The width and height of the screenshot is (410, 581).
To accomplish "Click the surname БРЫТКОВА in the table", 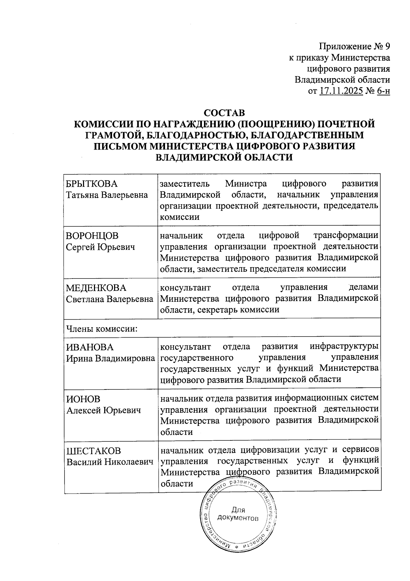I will pos(92,184).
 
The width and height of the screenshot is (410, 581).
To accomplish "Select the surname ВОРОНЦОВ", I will pos(92,236).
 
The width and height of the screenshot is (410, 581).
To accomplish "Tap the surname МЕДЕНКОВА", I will pos(96,288).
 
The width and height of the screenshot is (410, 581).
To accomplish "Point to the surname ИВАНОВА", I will pos(90,347).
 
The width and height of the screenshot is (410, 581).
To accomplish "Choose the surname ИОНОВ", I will pos(83,399).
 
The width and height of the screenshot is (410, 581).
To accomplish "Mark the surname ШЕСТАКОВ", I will pos(93,451).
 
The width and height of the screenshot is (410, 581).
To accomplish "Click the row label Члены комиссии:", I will pos(102,329).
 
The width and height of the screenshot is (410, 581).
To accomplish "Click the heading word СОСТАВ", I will pos(224,113).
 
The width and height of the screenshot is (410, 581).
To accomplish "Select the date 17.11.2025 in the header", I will pos(341,91).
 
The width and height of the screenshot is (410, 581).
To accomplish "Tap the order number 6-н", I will pos(383,91).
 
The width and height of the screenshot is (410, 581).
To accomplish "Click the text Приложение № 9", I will pos(354,46).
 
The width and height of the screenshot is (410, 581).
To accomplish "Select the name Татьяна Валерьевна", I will pos(107,195).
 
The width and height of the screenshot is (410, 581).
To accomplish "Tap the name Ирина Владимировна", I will pos(110,358).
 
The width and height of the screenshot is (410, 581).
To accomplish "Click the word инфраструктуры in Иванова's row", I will pos(344,347).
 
